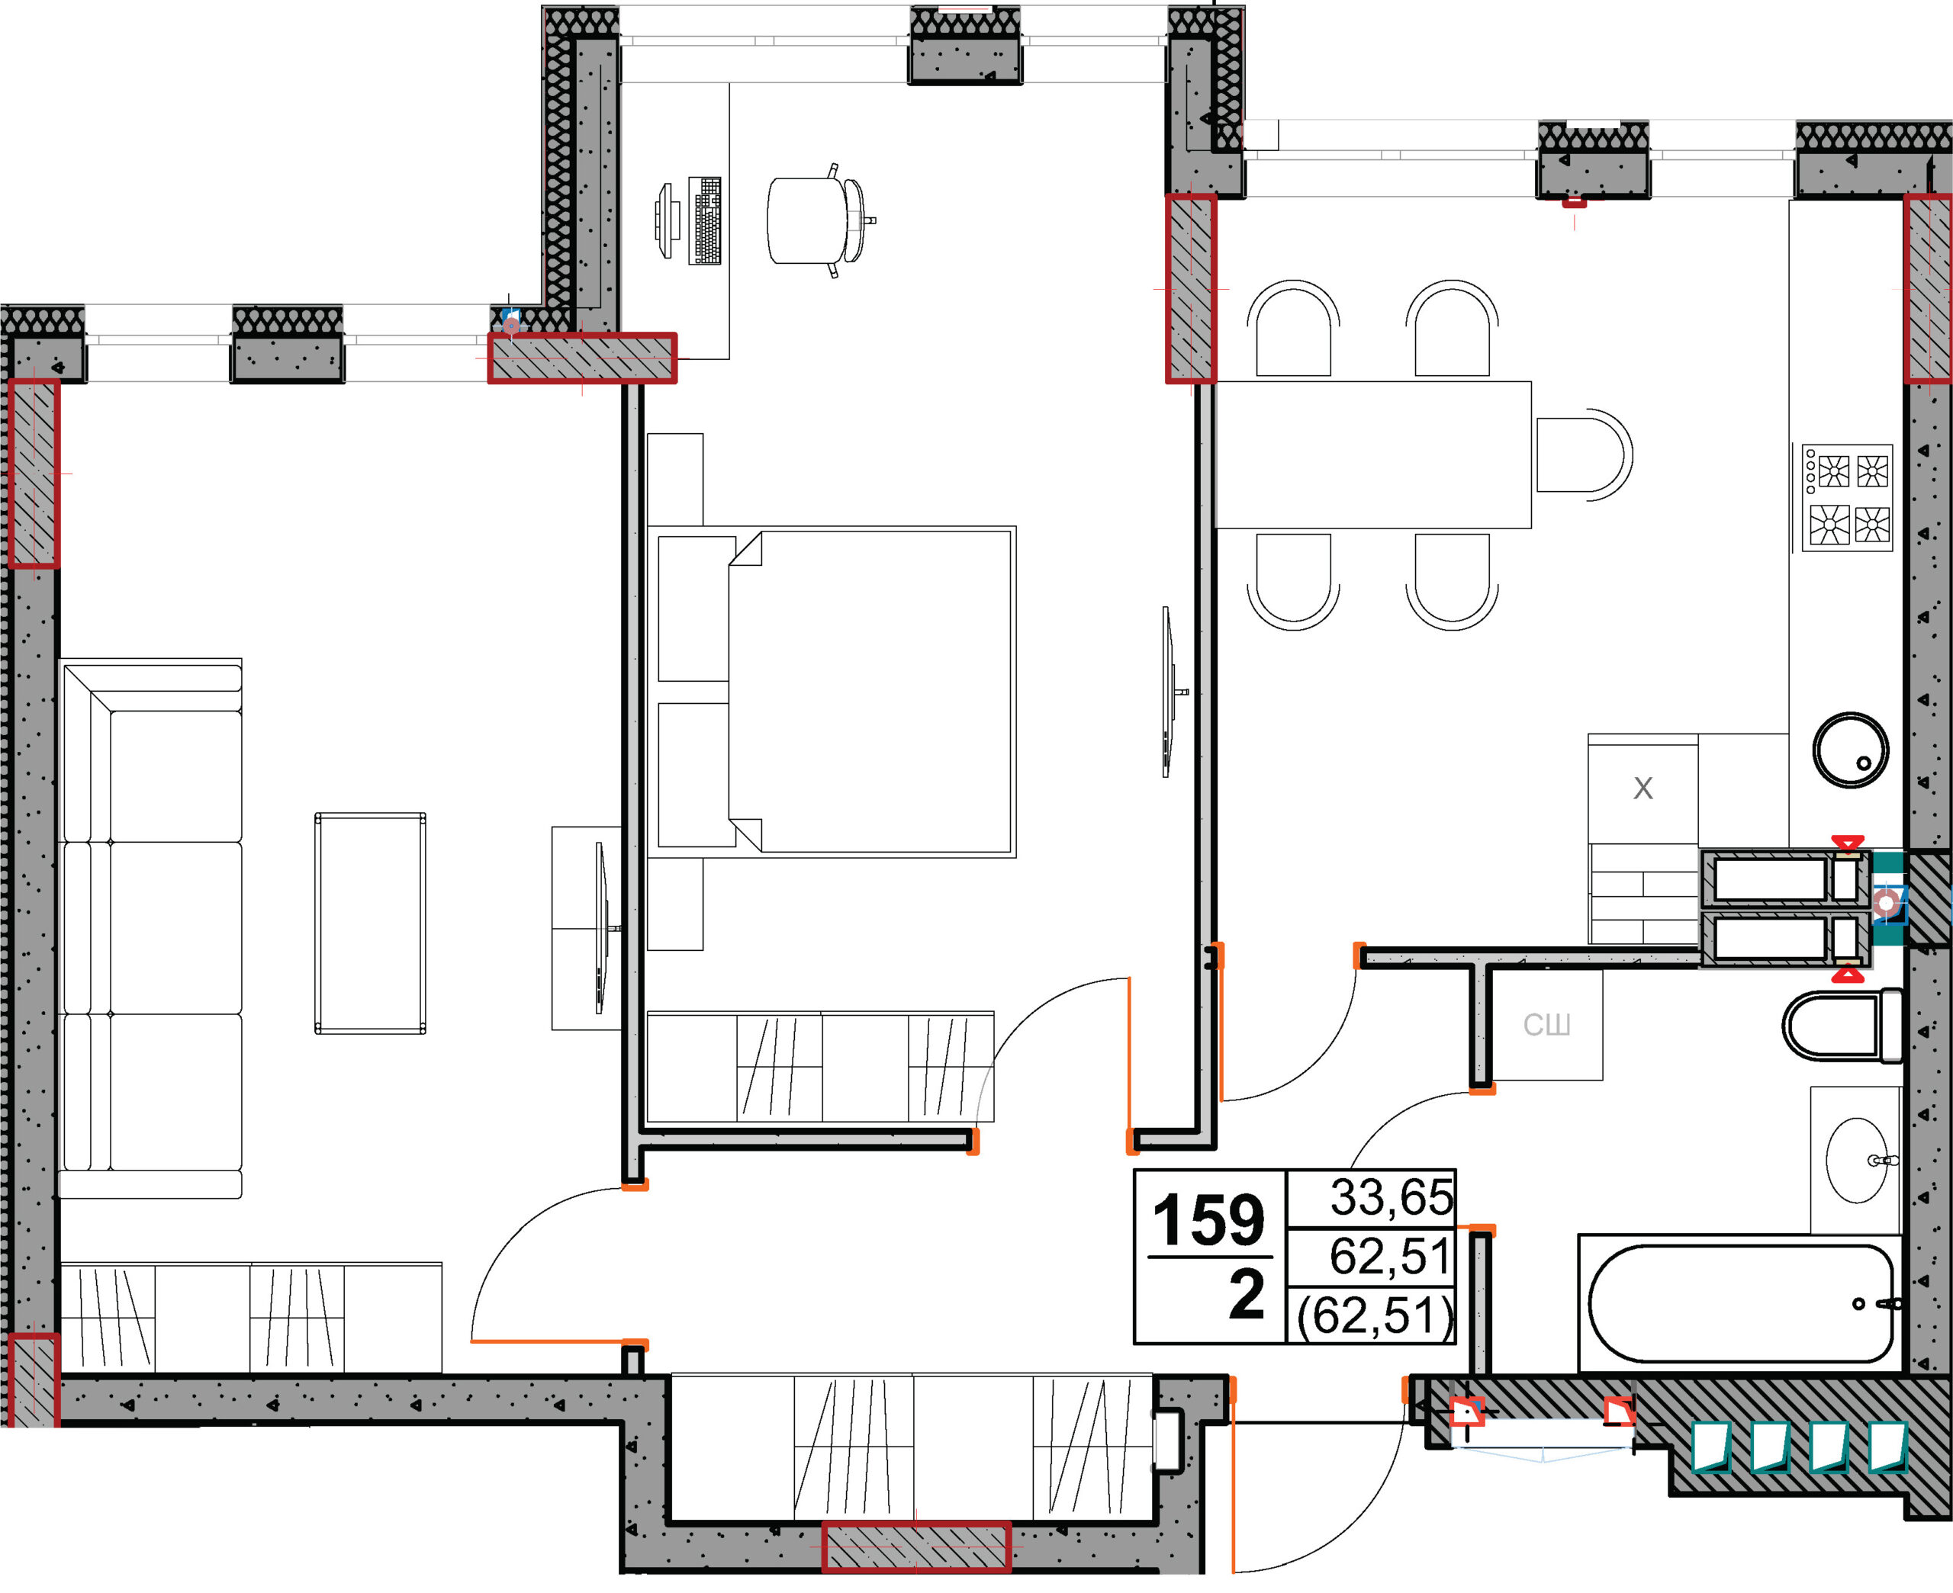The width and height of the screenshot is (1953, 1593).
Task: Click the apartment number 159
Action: [x=1208, y=1219]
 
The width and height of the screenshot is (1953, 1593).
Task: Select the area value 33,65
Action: [x=1392, y=1197]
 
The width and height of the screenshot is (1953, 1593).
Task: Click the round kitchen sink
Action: [x=1850, y=750]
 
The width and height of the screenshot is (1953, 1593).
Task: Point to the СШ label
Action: [x=1547, y=1024]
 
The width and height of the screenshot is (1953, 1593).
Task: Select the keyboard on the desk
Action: [x=706, y=220]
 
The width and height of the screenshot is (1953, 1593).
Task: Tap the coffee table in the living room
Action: [x=370, y=923]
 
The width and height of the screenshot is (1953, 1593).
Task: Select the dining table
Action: [x=1374, y=455]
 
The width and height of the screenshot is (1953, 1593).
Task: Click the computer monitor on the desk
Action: [x=665, y=220]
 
